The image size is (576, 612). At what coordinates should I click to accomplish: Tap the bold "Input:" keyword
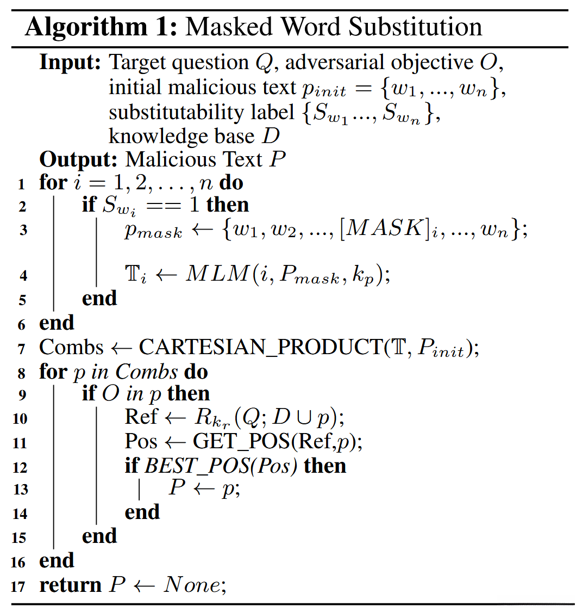(x=70, y=63)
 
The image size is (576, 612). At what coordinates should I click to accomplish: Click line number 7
(x=22, y=349)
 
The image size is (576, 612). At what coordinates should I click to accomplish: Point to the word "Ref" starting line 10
(x=141, y=417)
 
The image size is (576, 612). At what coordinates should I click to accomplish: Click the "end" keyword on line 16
(x=57, y=560)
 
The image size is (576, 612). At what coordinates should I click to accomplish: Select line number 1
(x=22, y=184)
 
